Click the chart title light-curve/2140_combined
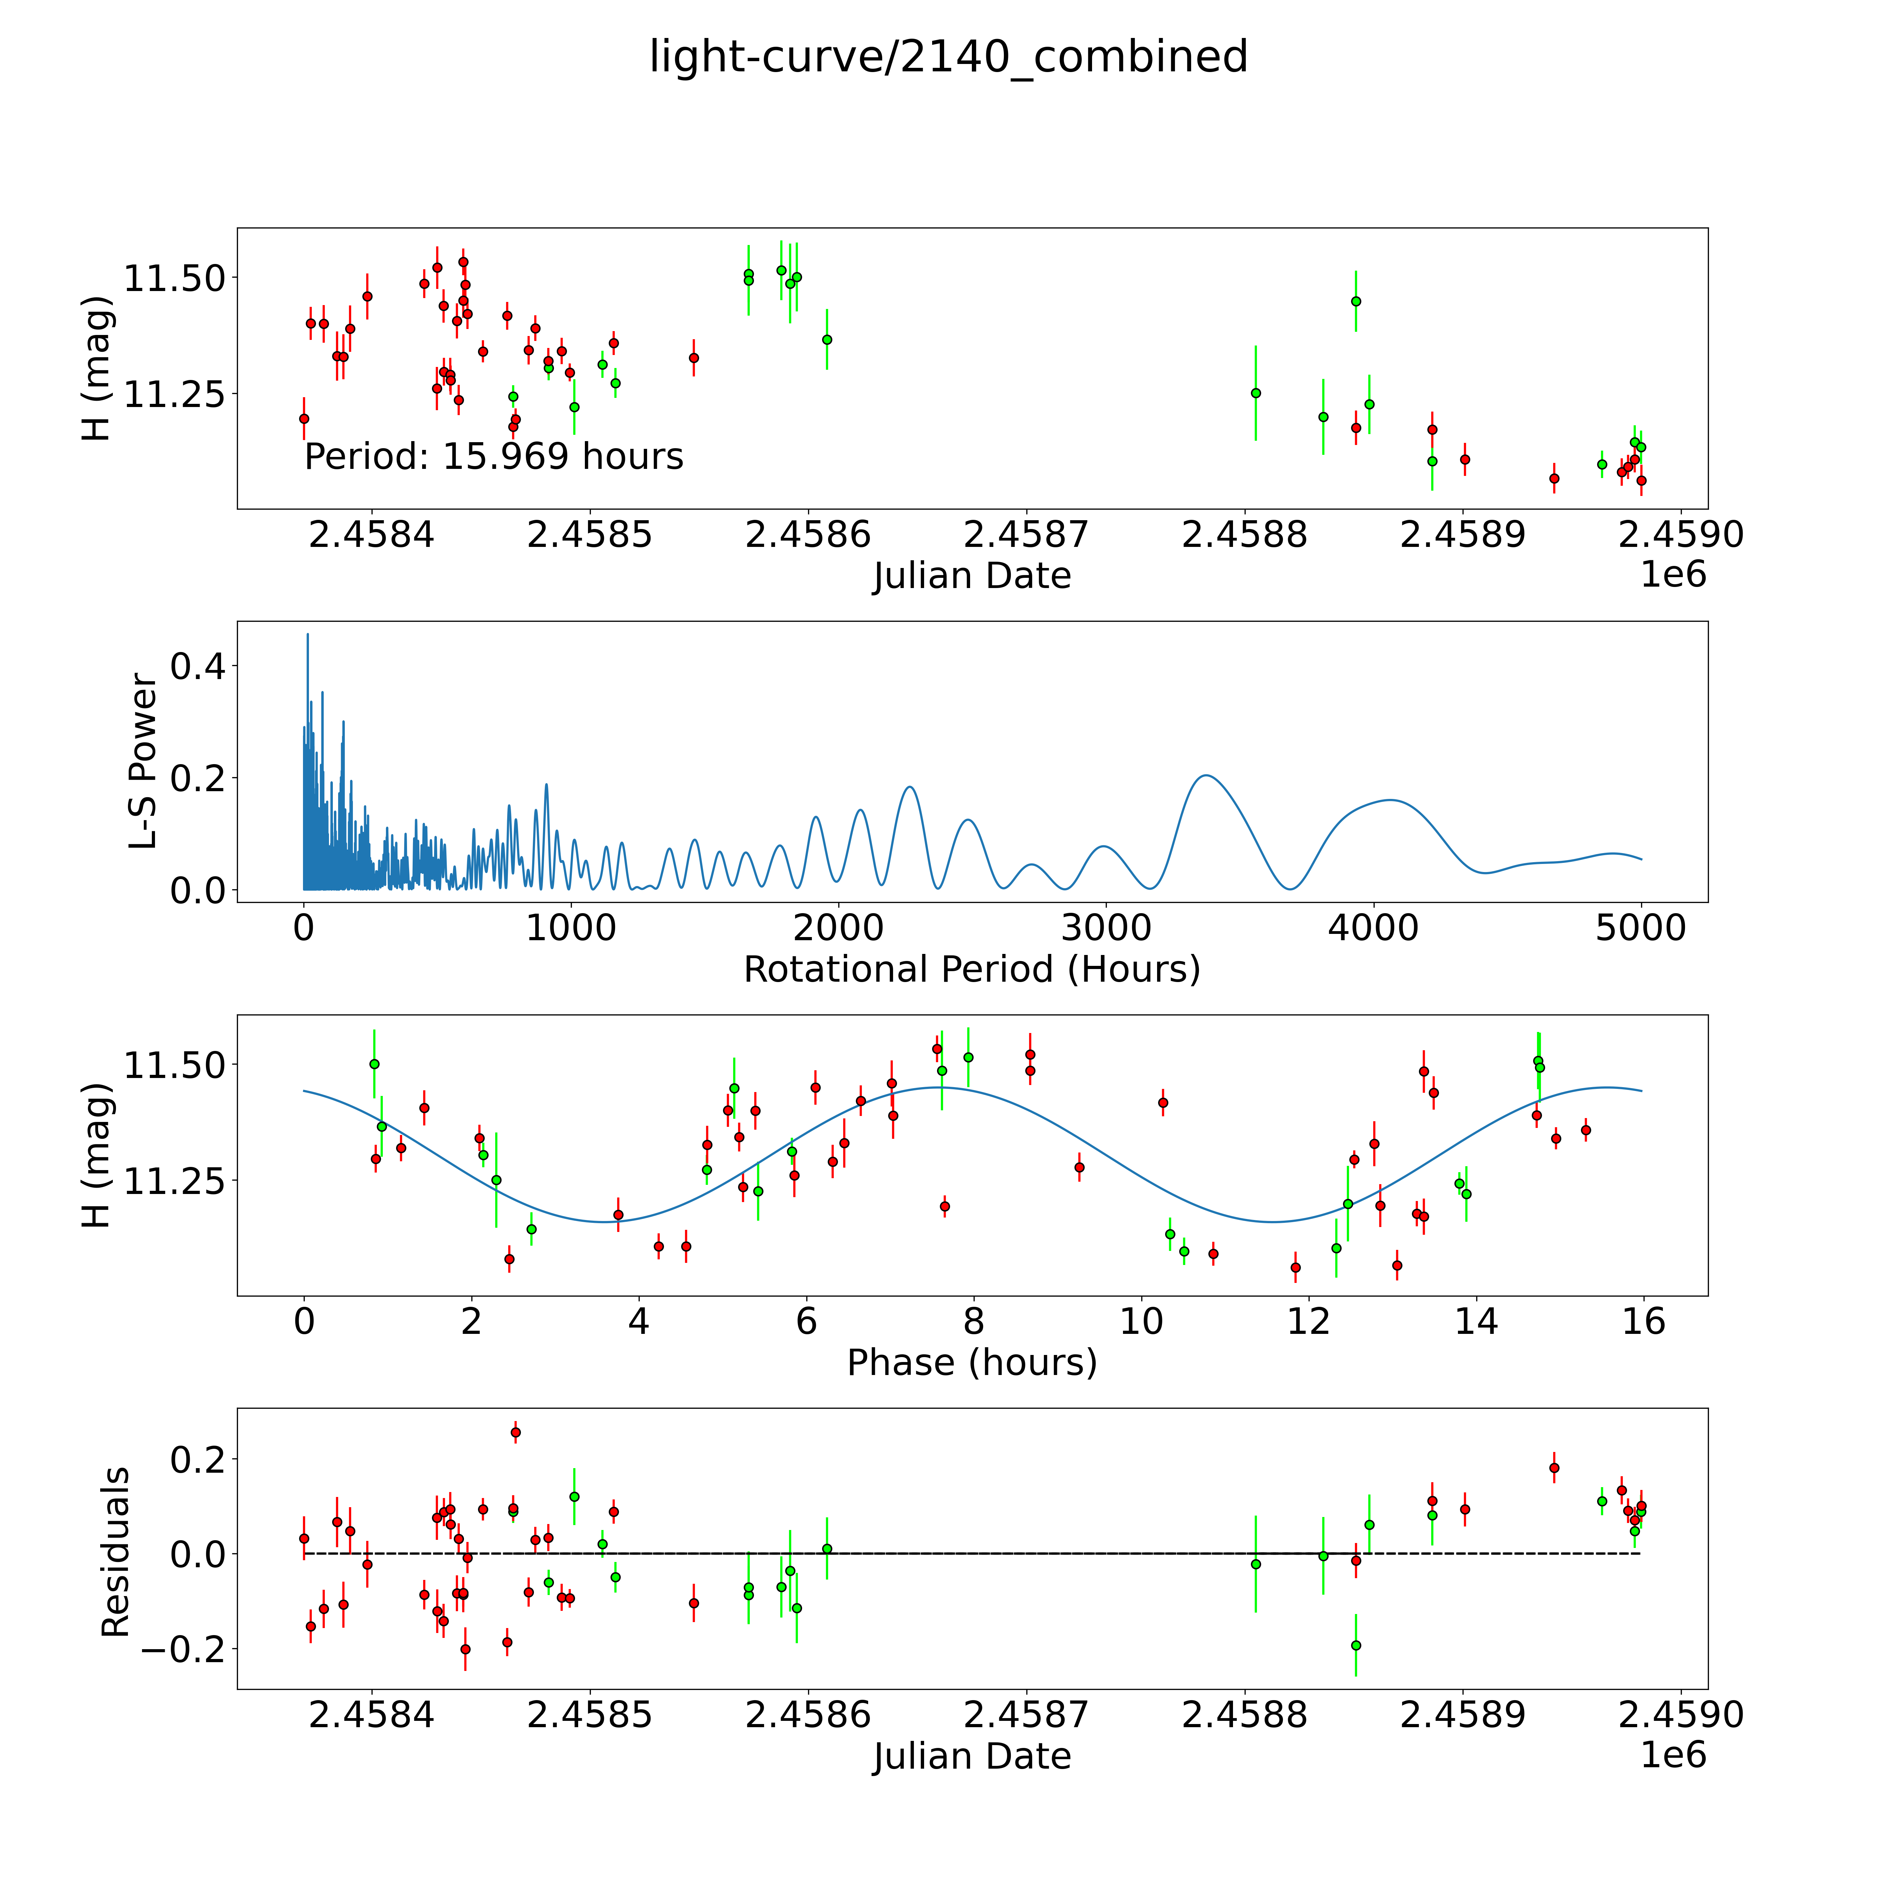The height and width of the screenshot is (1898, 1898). click(948, 57)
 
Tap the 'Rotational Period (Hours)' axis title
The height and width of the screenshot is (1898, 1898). click(971, 970)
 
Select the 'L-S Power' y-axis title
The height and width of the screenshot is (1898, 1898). click(143, 761)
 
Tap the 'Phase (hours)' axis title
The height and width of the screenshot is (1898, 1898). click(971, 1363)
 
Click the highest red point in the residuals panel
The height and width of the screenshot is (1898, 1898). click(516, 1432)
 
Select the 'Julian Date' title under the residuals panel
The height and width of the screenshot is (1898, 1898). click(971, 1756)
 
